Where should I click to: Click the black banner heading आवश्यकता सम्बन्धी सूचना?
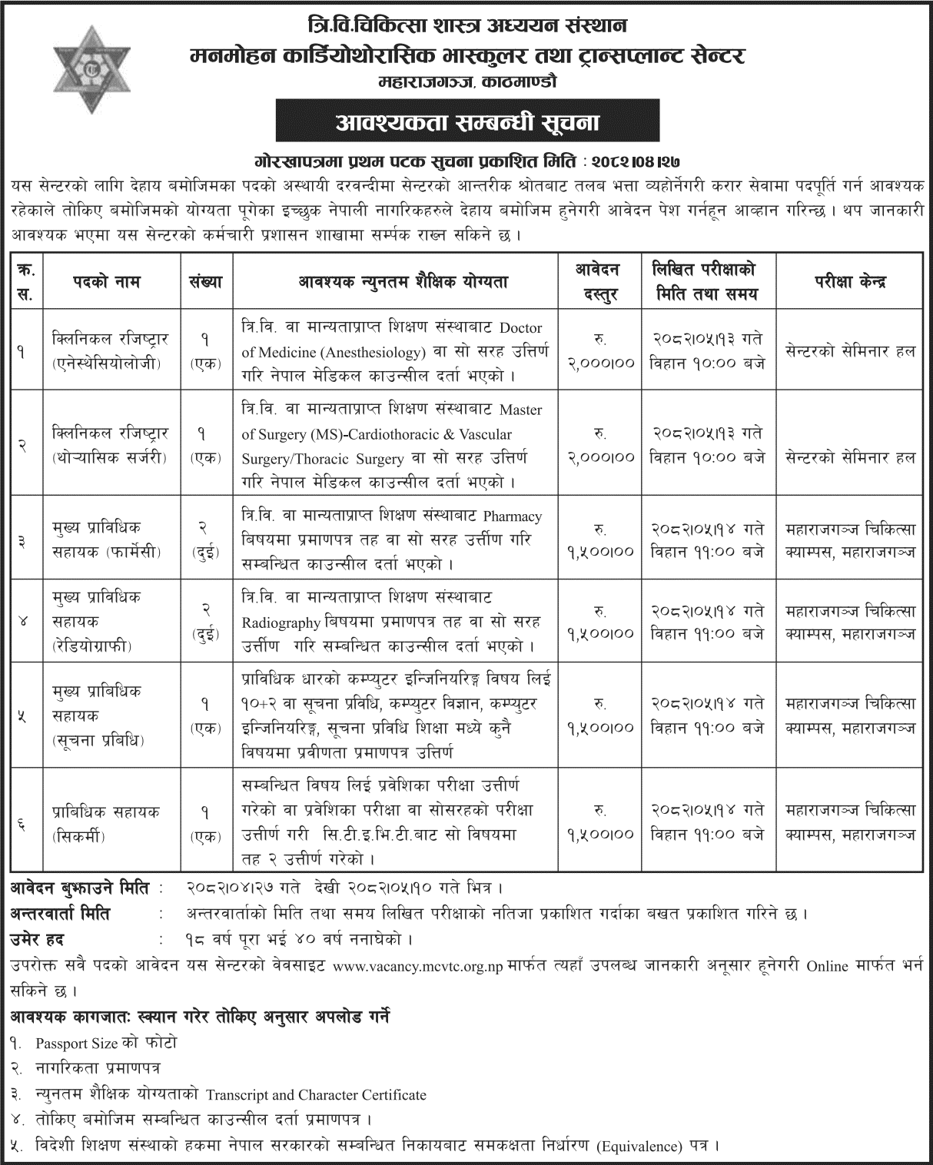466,122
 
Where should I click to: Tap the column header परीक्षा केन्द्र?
850,282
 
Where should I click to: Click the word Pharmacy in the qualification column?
513,516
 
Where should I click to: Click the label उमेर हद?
38,939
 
